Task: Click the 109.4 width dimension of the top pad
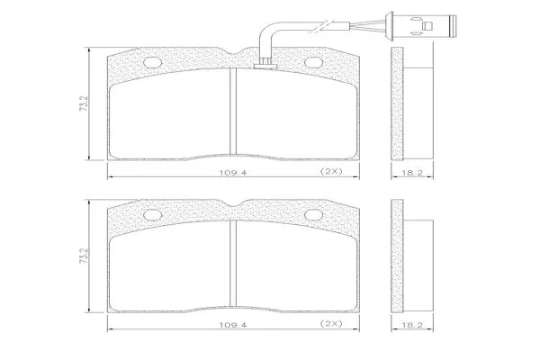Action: tap(233, 172)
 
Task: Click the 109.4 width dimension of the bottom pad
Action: tap(233, 325)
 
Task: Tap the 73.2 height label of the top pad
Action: tap(84, 103)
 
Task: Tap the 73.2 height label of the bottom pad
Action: tap(84, 256)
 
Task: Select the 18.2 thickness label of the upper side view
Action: tap(412, 173)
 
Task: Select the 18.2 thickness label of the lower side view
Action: tap(412, 325)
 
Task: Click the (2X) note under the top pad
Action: tap(331, 171)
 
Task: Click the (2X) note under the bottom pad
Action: tap(331, 323)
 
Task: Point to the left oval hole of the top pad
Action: tap(152, 62)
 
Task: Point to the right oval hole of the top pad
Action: tap(314, 62)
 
